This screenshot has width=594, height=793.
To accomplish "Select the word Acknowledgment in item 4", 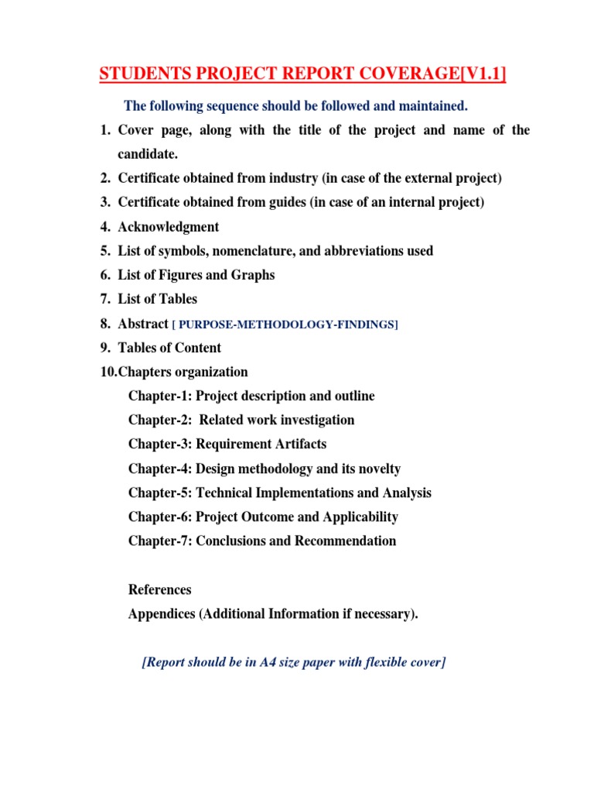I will [168, 227].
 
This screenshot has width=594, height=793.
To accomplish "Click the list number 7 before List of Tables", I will [104, 299].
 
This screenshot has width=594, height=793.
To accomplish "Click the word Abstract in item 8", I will [143, 324].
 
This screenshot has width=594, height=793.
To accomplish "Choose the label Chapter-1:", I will [160, 396].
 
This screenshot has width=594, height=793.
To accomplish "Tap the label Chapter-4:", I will [160, 469].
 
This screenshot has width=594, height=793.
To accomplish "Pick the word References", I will [159, 590].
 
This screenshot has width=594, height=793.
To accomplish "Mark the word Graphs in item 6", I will [254, 275].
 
